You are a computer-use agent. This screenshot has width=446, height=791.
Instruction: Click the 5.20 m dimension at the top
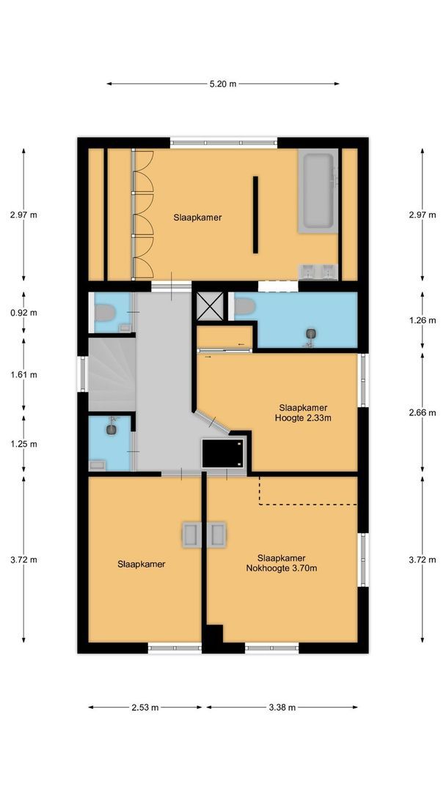coord(223,83)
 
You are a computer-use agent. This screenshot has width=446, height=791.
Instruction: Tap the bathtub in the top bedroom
coord(319,190)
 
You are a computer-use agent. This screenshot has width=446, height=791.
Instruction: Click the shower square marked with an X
coord(210,307)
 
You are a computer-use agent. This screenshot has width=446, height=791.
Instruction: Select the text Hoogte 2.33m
coord(303,419)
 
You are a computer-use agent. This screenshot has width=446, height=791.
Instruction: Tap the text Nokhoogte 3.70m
coord(282,568)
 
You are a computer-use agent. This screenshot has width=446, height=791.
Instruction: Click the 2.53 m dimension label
coord(145,708)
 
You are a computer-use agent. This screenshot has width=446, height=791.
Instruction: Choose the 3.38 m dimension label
coord(282,708)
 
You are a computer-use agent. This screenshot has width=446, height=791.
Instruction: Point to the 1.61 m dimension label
coord(23,374)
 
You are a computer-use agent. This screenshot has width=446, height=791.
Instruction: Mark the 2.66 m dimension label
coord(422,412)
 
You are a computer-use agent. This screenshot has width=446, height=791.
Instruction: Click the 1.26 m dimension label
coord(422,321)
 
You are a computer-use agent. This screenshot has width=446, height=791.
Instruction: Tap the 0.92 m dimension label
coord(23,312)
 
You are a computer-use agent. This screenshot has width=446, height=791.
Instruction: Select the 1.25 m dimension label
coord(23,444)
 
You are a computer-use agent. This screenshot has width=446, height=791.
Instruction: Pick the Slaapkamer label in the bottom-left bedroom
coord(142,564)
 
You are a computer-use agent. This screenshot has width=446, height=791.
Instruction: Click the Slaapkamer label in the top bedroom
coord(197,218)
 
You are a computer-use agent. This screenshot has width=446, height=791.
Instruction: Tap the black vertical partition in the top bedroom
coord(255,215)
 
